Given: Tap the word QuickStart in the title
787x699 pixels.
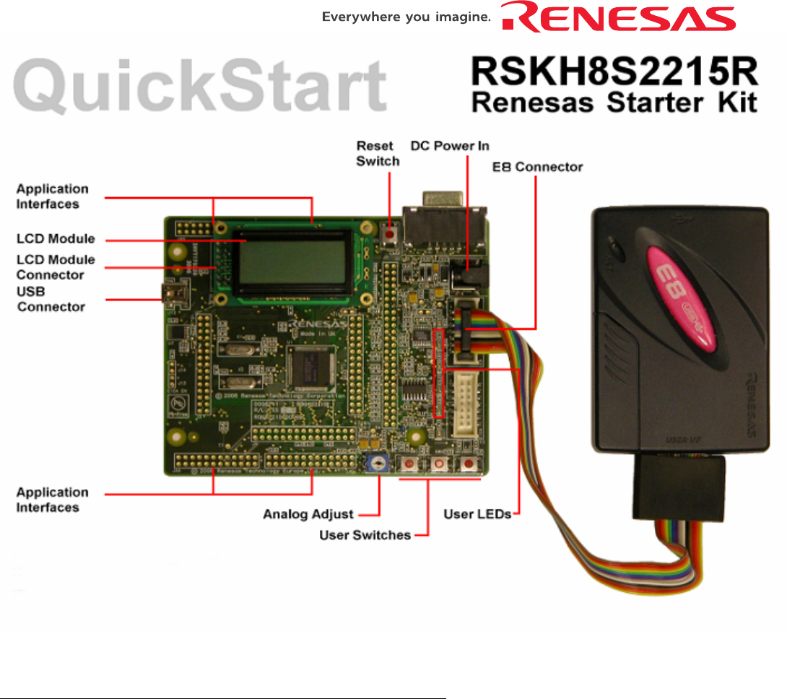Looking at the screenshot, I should [x=201, y=86].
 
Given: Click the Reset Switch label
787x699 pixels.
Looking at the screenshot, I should [x=378, y=153].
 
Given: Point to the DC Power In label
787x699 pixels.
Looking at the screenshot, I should [x=450, y=146].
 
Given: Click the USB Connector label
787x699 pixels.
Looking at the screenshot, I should [x=51, y=299].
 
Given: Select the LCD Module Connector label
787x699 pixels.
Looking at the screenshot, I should [x=56, y=267].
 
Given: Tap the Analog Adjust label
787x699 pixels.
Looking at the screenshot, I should [x=308, y=514].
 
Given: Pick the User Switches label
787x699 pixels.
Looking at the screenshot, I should [x=365, y=535].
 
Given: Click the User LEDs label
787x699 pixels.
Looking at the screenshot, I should [x=477, y=514].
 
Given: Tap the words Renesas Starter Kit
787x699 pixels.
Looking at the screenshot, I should [x=614, y=103].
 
